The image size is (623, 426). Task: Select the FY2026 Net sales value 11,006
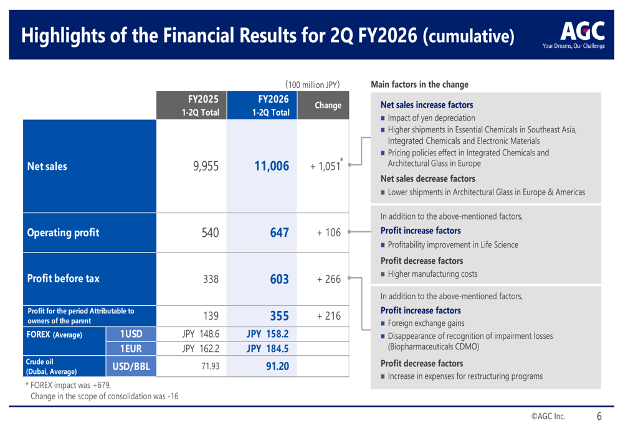(272, 166)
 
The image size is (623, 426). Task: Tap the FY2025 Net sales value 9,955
(206, 166)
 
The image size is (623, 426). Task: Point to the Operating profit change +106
(328, 233)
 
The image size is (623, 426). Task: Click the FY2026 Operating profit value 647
(279, 233)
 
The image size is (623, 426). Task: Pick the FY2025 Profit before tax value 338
(211, 279)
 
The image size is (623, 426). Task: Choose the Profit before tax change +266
(328, 279)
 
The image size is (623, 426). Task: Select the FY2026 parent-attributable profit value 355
(279, 316)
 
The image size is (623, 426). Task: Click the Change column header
(328, 105)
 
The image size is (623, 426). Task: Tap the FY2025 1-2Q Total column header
(200, 106)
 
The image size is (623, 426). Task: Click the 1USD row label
(131, 334)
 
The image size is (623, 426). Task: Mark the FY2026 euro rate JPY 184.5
(267, 349)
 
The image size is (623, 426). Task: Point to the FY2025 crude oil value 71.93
(210, 366)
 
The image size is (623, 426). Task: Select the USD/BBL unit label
(131, 366)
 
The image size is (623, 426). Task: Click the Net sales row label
(47, 166)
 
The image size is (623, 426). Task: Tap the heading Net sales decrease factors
(428, 179)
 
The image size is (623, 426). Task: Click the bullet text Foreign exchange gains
(426, 323)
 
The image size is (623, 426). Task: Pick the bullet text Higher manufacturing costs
(433, 274)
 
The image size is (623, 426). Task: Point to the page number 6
(599, 416)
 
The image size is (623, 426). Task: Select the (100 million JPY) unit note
(312, 85)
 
